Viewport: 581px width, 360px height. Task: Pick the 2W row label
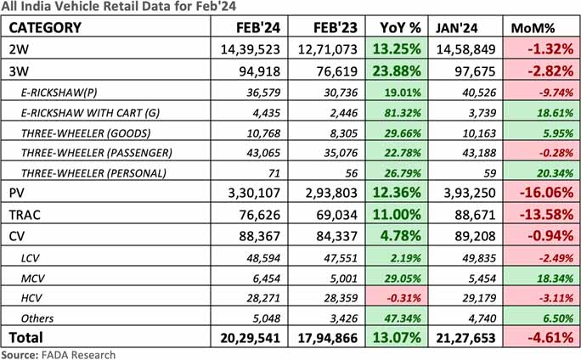point(19,48)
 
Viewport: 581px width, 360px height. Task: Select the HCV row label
point(33,297)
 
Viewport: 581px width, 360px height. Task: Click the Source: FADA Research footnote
point(58,354)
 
